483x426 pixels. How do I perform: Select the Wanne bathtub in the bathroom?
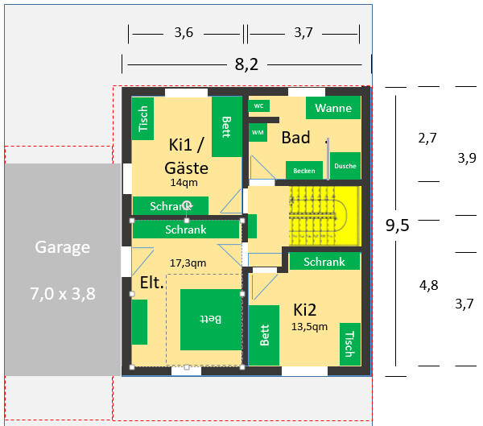[x=333, y=108]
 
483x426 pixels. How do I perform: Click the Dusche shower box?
[x=345, y=166]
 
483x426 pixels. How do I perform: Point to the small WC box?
[x=258, y=106]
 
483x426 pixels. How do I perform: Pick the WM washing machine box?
[x=258, y=132]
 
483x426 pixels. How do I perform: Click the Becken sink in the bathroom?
[x=303, y=171]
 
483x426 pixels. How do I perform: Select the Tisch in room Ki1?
[x=143, y=119]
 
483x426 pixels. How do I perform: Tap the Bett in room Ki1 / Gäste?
[x=226, y=127]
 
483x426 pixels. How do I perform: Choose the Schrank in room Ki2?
[x=324, y=262]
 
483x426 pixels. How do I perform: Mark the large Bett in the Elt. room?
[x=210, y=320]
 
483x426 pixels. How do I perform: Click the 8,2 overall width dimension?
[x=246, y=64]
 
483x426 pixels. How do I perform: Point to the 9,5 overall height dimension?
[x=397, y=225]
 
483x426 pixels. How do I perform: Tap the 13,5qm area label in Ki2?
[x=310, y=327]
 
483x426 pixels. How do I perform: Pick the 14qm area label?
[x=184, y=183]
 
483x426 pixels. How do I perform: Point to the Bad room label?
[x=295, y=138]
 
